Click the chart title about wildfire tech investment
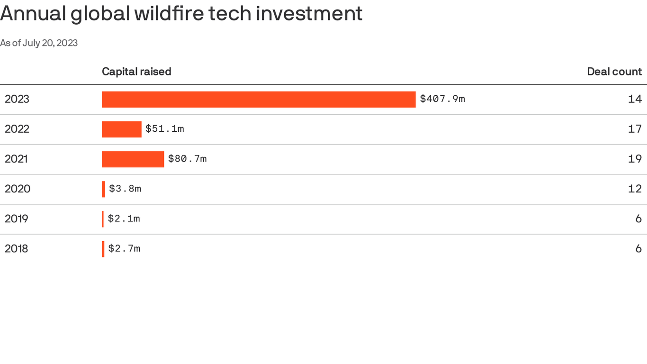coord(181,14)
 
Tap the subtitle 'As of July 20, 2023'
coord(39,43)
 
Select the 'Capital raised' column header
coord(136,72)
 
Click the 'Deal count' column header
coord(614,72)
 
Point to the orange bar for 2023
coord(259,99)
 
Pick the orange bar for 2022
coord(122,129)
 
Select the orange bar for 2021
coord(133,159)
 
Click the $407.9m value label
coord(442,99)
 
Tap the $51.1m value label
coord(164,128)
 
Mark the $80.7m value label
coord(187,158)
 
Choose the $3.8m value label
coord(125,189)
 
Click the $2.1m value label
coord(124,218)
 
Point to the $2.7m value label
coord(124,248)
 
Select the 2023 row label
coord(17,99)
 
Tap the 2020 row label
coord(18,189)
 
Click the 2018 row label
coord(17,248)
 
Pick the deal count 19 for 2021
coord(635,159)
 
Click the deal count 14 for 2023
coord(635,99)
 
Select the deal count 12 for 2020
coord(635,189)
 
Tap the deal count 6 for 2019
coord(638,218)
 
